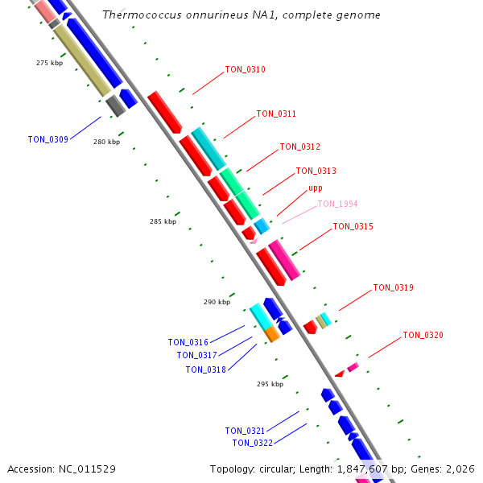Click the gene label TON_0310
tap(245, 69)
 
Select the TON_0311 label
tap(276, 114)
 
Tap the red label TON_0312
tap(299, 147)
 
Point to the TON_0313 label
tap(316, 171)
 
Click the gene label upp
tap(316, 188)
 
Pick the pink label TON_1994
tap(337, 204)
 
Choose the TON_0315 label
tap(353, 226)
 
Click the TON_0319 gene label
tap(393, 287)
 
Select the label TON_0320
tap(423, 335)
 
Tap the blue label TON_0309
tap(47, 139)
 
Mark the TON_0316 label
tap(188, 342)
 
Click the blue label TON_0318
tap(205, 369)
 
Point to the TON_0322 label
tap(252, 443)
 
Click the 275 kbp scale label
tap(49, 63)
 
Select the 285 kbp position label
tap(163, 221)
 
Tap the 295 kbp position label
tap(270, 384)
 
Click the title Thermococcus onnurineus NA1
tap(242, 15)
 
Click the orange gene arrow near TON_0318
tap(272, 333)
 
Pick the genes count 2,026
tap(459, 469)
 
